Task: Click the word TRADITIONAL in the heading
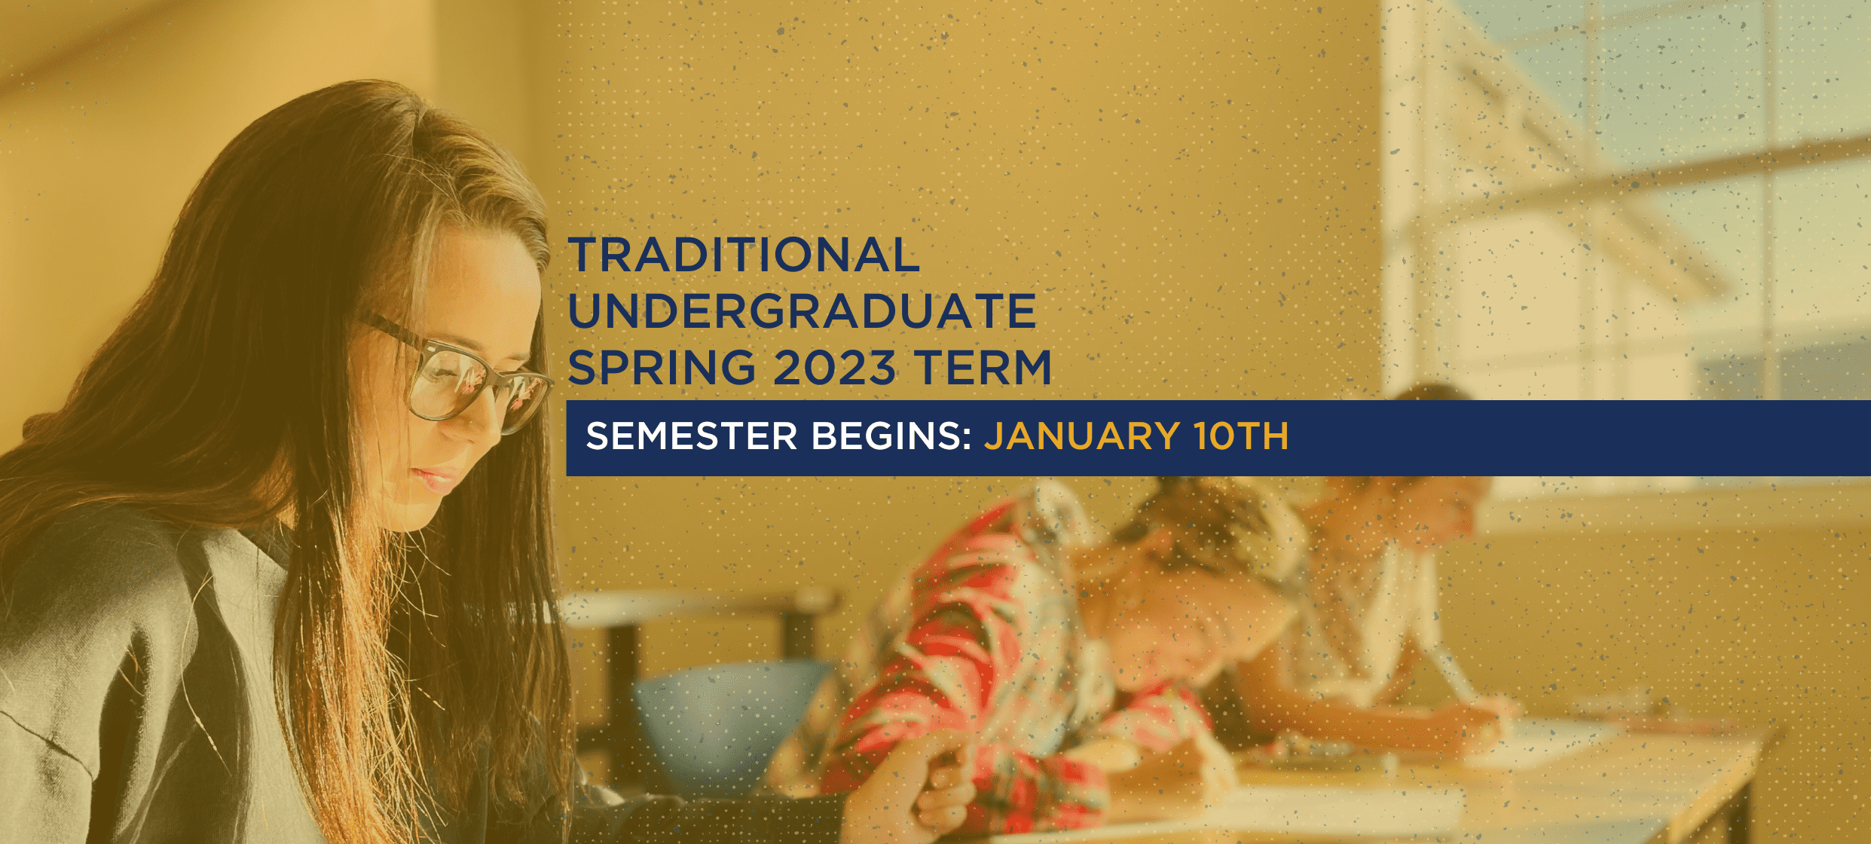pos(744,255)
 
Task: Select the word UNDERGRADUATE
pos(803,310)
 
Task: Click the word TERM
pos(983,367)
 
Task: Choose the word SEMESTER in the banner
pos(692,436)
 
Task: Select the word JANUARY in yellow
pos(1082,436)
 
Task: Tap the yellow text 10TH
pos(1241,436)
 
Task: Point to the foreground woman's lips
pos(437,479)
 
